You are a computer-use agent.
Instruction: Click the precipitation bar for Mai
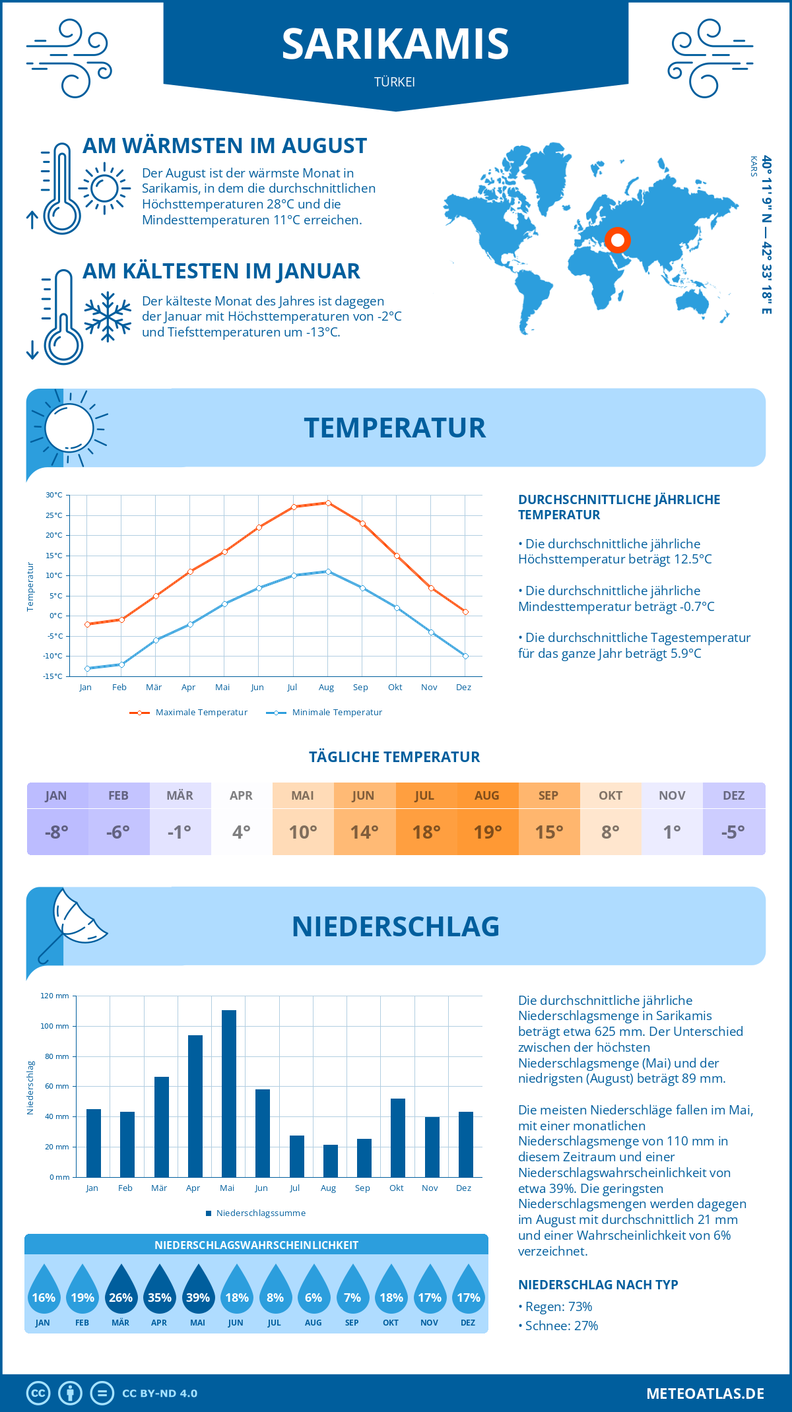pyautogui.click(x=228, y=1093)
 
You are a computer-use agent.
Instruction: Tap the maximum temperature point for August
pyautogui.click(x=328, y=503)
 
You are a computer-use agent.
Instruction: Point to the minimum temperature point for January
pyautogui.click(x=87, y=668)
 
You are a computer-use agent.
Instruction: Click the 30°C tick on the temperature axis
pyautogui.click(x=54, y=495)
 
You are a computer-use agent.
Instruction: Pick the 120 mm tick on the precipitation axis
pyautogui.click(x=55, y=996)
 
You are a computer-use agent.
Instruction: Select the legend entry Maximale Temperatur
pyautogui.click(x=189, y=713)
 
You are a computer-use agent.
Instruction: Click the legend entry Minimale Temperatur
pyautogui.click(x=325, y=713)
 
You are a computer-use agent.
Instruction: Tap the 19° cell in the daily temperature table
pyautogui.click(x=488, y=832)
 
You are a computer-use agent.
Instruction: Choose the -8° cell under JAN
pyautogui.click(x=57, y=832)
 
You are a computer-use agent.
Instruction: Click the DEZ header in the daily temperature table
pyautogui.click(x=733, y=796)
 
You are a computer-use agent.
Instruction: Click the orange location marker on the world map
pyautogui.click(x=617, y=240)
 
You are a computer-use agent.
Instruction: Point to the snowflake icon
pyautogui.click(x=108, y=316)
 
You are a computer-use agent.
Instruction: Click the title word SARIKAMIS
pyautogui.click(x=395, y=44)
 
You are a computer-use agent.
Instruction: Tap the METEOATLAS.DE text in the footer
pyautogui.click(x=705, y=1394)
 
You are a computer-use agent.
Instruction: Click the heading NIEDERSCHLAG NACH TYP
pyautogui.click(x=598, y=1285)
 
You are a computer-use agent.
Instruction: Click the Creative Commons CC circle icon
pyautogui.click(x=38, y=1394)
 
